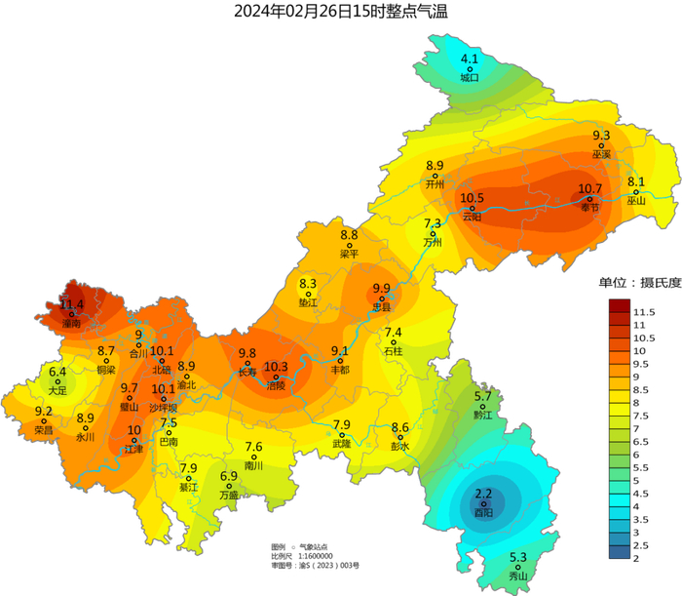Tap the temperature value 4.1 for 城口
tap(470, 58)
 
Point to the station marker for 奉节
tap(590, 199)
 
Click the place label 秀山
tap(518, 576)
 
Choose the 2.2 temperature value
tap(482, 495)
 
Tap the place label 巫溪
tap(601, 154)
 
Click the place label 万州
tap(433, 242)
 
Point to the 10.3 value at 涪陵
tap(276, 366)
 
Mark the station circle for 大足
tap(57, 381)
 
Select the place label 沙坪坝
tap(164, 407)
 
